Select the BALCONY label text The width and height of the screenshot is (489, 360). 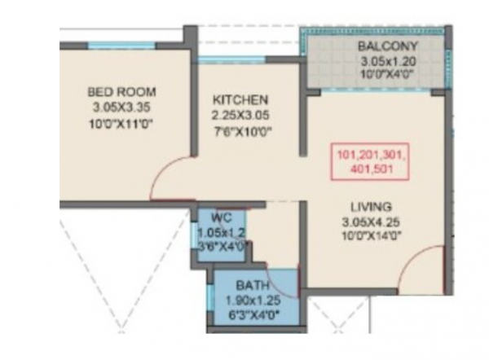pos(387,46)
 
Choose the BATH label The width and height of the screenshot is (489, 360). pos(249,286)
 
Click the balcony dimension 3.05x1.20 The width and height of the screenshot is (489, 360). pos(387,60)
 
